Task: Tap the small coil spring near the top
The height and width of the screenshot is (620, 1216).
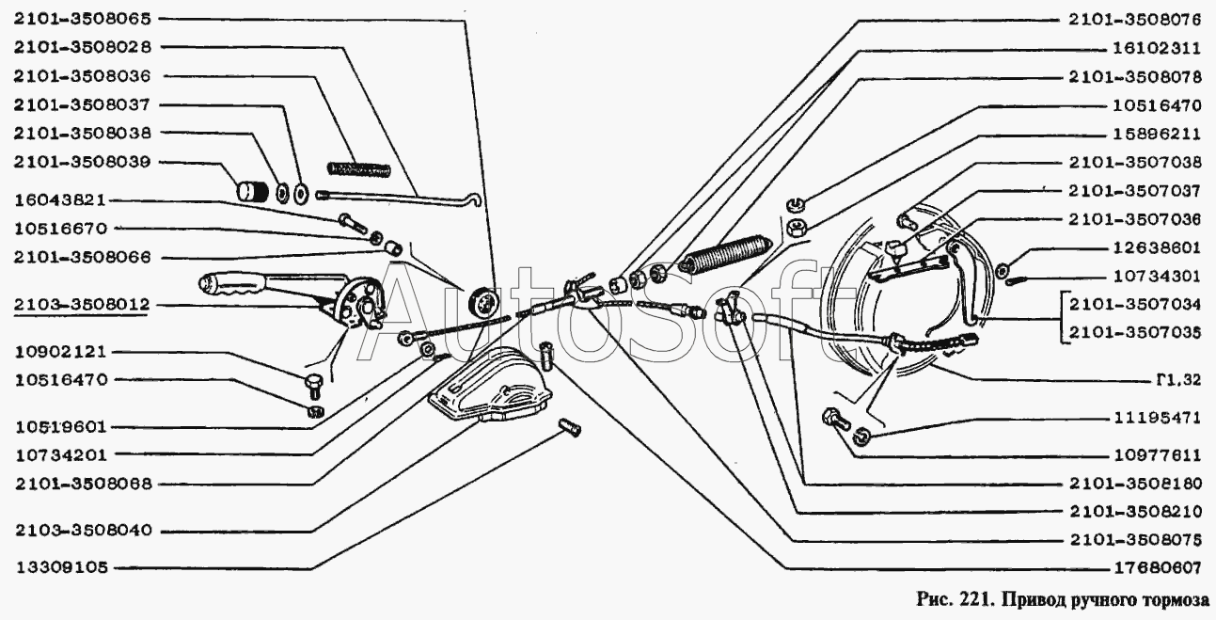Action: click(358, 169)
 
